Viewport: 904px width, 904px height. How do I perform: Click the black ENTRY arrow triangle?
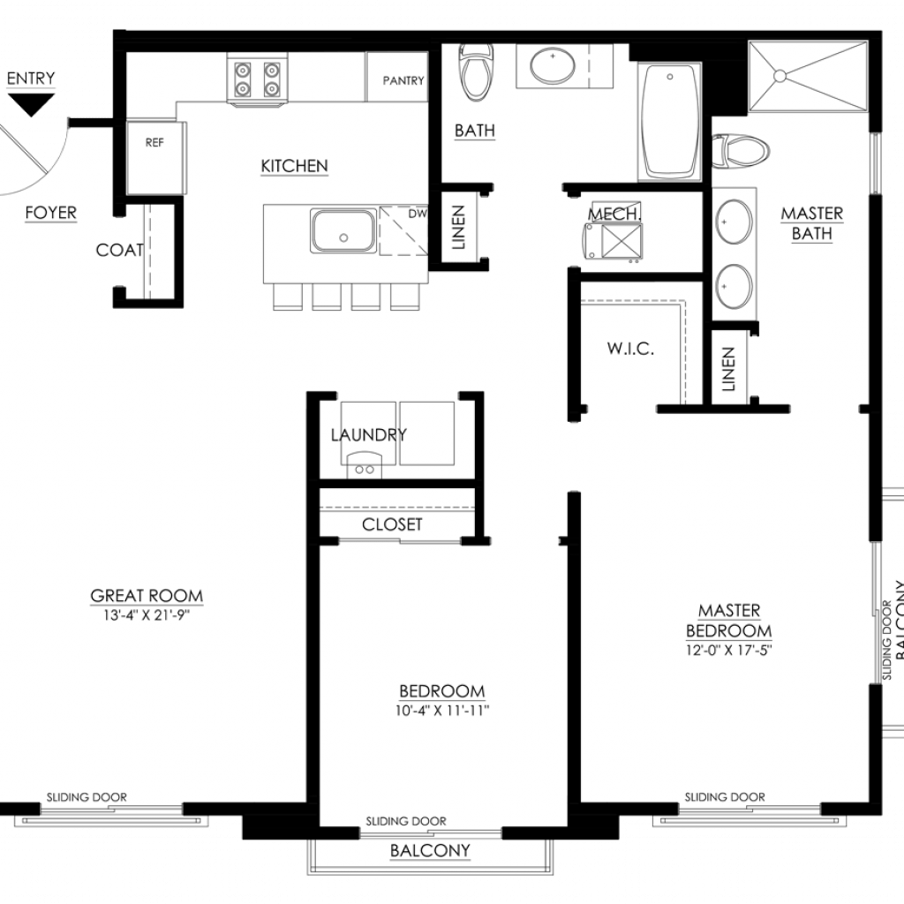[x=31, y=104]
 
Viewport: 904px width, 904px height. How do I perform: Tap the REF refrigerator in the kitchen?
[x=155, y=157]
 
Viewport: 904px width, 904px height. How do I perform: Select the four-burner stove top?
[x=257, y=79]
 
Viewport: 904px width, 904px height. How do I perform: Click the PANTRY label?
[x=403, y=80]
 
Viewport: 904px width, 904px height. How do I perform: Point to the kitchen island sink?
[x=343, y=230]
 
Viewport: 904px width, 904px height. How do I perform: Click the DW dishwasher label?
[x=418, y=214]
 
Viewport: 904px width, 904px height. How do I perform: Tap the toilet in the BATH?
[x=476, y=72]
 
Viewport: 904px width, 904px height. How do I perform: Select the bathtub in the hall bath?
[x=669, y=122]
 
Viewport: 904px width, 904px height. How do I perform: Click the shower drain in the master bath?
[x=780, y=76]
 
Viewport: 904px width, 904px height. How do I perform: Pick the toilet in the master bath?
[x=741, y=152]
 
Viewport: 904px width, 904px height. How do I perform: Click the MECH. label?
[x=614, y=214]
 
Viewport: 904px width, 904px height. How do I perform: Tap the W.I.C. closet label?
[x=630, y=348]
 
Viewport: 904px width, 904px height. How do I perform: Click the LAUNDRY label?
[x=369, y=434]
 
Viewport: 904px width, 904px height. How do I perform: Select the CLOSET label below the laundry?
[x=392, y=524]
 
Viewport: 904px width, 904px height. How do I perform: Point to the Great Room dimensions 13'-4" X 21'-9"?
[x=147, y=615]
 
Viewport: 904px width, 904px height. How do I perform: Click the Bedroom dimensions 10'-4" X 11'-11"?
[x=442, y=711]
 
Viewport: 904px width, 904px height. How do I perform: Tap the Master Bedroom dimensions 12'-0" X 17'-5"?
[x=728, y=651]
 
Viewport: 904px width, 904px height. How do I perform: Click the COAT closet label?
[x=120, y=250]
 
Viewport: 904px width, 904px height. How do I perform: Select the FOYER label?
[x=50, y=213]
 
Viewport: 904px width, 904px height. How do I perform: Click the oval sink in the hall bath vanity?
[x=553, y=65]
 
